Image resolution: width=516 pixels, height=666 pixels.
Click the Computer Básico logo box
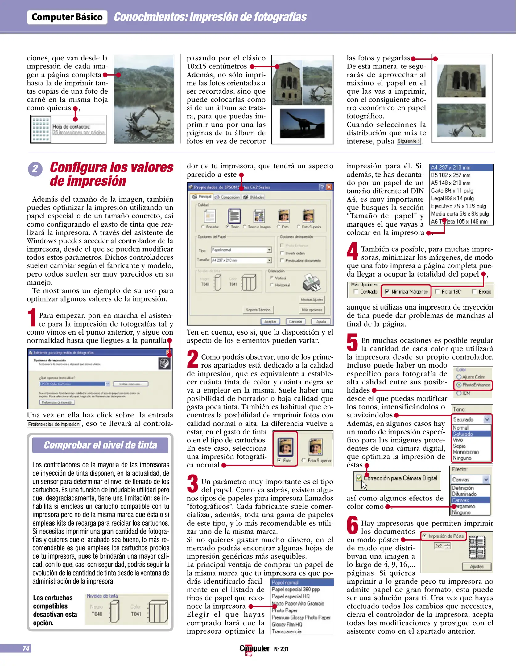[67, 17]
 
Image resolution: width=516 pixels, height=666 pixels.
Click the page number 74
[26, 648]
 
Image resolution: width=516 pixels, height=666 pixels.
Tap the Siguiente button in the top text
[408, 141]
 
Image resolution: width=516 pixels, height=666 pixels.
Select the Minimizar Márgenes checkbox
[387, 291]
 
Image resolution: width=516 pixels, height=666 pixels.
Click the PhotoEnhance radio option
[459, 385]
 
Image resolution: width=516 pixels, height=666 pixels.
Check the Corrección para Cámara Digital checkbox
[359, 478]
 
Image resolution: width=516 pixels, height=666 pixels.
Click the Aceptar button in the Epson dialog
[270, 321]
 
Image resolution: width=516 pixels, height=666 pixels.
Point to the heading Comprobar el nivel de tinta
[100, 445]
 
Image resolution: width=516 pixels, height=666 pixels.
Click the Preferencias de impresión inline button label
[54, 424]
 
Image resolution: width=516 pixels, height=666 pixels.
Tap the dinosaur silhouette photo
[302, 123]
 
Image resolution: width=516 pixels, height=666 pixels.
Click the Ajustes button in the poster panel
[477, 566]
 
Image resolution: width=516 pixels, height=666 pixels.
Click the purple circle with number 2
[35, 169]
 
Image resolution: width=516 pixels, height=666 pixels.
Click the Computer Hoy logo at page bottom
[254, 649]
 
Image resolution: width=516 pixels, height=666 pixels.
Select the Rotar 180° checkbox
[437, 291]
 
